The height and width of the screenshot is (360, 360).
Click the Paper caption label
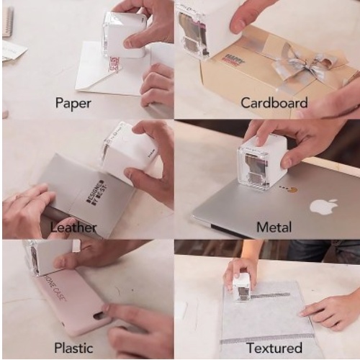[x=73, y=103]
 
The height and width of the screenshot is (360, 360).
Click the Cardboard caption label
[x=274, y=103]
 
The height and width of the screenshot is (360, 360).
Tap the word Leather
[x=73, y=228]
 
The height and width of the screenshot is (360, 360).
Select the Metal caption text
[x=274, y=228]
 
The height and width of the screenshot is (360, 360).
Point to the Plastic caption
[x=73, y=348]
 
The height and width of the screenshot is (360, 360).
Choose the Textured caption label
[x=274, y=348]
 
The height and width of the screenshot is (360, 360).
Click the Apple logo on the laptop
[x=323, y=207]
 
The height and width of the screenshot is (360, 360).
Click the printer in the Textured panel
[x=243, y=287]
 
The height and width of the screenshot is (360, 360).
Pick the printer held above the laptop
[x=262, y=163]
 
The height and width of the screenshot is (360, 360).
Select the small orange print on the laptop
[x=292, y=191]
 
